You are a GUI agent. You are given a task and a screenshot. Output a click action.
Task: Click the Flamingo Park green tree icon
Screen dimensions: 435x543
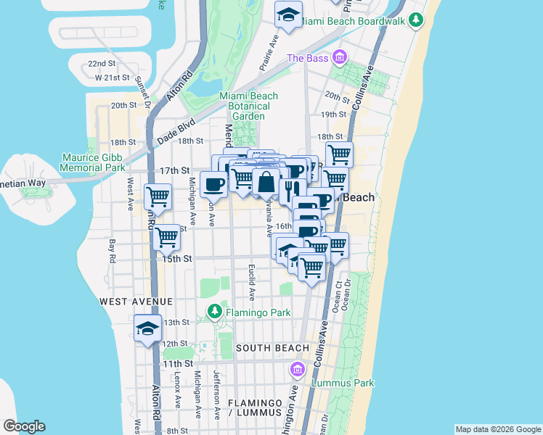click(214, 312)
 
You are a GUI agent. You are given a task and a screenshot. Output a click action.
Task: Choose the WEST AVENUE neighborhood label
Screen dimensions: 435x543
click(136, 301)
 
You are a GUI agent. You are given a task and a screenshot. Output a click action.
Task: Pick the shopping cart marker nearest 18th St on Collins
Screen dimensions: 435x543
click(338, 154)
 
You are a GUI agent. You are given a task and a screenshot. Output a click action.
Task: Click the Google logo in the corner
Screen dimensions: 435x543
click(24, 426)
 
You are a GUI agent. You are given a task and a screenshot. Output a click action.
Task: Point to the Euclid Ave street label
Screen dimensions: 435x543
click(252, 282)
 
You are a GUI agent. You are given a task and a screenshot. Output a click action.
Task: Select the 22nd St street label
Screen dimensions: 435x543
click(102, 64)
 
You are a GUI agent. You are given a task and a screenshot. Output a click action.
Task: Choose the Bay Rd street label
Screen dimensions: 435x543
click(113, 250)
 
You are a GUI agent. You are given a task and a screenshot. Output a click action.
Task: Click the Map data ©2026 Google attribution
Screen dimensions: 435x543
click(498, 429)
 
